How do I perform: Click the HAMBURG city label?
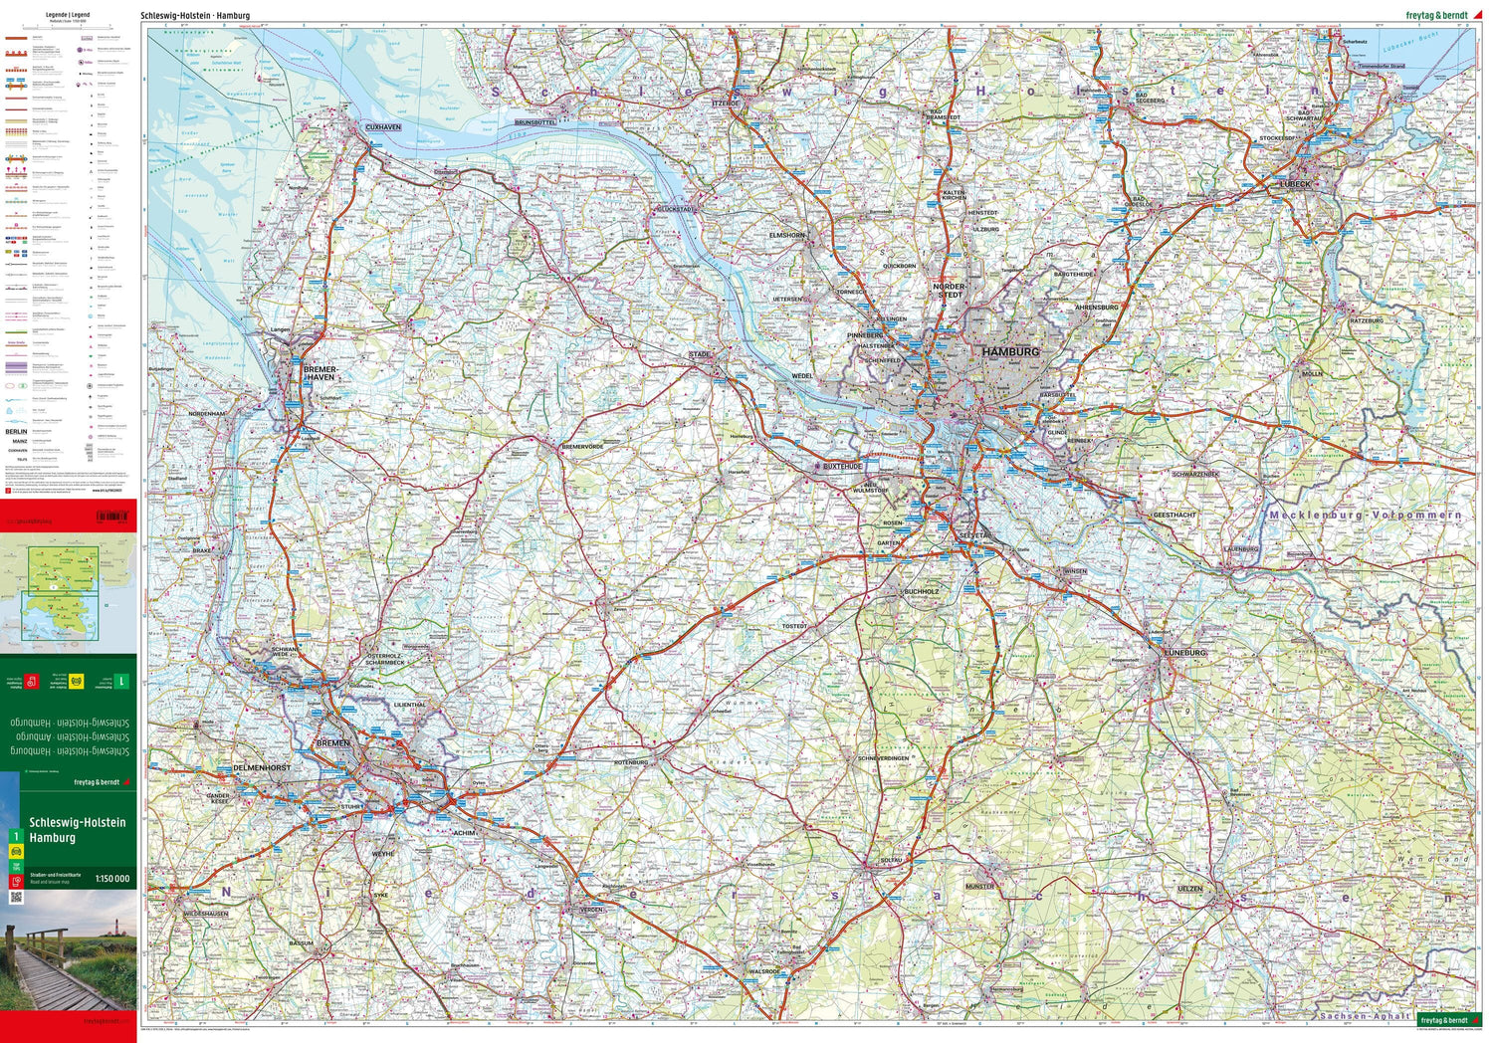point(1009,351)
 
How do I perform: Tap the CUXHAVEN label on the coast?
point(383,127)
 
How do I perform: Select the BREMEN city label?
point(332,743)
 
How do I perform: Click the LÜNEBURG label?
point(1184,653)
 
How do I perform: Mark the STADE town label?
point(700,354)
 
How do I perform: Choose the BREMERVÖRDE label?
point(582,447)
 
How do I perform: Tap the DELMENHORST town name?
point(262,768)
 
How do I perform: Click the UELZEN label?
point(1189,889)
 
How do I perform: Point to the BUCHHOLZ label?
point(921,591)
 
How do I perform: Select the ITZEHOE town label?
point(726,103)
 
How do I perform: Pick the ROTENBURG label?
point(631,762)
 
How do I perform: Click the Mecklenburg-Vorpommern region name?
point(1365,515)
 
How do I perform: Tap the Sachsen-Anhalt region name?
point(1365,1016)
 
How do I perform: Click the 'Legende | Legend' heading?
point(68,15)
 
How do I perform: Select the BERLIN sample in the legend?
point(16,431)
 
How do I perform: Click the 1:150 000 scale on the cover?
point(111,879)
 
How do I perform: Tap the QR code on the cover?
point(16,897)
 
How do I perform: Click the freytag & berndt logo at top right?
point(1435,15)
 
